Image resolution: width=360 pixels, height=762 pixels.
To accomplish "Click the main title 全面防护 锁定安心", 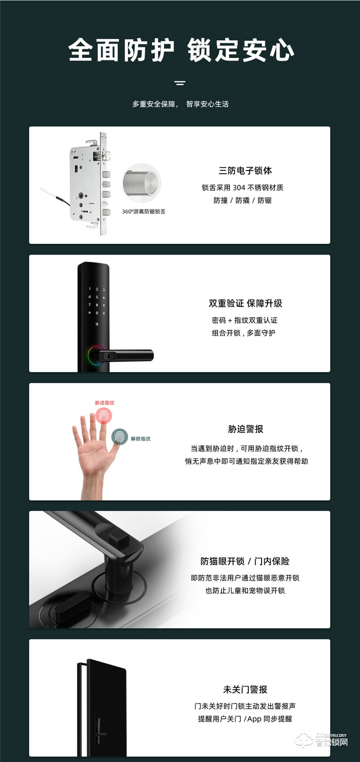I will pyautogui.click(x=181, y=50).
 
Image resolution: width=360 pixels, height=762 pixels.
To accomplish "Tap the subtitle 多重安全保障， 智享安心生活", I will pyautogui.click(x=180, y=104).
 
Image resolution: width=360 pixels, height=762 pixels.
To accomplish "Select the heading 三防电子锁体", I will pyautogui.click(x=245, y=170).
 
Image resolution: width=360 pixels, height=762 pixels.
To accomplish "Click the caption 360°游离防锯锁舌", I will pyautogui.click(x=144, y=211).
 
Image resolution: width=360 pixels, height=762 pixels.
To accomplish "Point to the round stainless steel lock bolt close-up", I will pyautogui.click(x=141, y=185).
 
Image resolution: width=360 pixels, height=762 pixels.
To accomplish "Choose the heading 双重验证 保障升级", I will pyautogui.click(x=245, y=303).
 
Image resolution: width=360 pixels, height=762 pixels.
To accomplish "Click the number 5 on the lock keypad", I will pyautogui.click(x=97, y=297).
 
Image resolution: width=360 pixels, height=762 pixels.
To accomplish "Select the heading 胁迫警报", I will pyautogui.click(x=245, y=429).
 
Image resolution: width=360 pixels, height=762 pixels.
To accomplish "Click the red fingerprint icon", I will pyautogui.click(x=104, y=416).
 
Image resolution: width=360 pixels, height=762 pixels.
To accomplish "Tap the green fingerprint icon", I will pyautogui.click(x=120, y=436).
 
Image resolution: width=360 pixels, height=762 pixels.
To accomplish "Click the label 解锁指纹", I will pyautogui.click(x=141, y=439).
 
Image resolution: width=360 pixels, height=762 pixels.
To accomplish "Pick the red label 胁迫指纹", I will pyautogui.click(x=104, y=403).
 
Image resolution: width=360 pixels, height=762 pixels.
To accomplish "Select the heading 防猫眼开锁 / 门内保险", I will pyautogui.click(x=245, y=561).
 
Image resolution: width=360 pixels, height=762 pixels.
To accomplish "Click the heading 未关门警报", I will pyautogui.click(x=245, y=689).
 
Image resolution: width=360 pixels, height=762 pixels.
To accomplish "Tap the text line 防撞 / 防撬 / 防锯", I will pyautogui.click(x=243, y=201).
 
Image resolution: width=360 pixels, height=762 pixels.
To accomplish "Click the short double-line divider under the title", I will pyautogui.click(x=180, y=83).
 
